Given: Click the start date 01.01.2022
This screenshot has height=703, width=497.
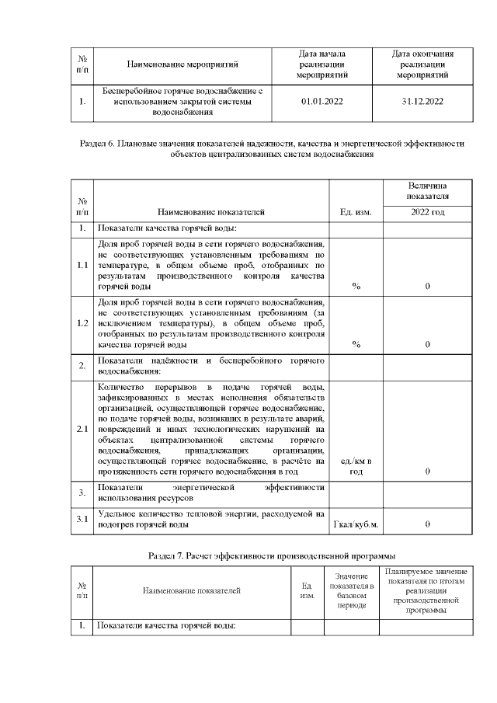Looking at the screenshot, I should (x=321, y=102).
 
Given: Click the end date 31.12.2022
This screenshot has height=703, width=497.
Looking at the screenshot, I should (x=423, y=102).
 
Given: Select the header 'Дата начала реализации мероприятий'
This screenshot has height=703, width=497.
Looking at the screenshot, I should (x=321, y=64).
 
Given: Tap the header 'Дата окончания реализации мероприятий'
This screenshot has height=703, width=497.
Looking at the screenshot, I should (x=423, y=64).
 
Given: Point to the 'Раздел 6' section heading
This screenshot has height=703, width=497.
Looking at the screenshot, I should (x=272, y=148).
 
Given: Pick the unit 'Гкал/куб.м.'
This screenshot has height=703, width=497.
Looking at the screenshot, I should (x=356, y=525).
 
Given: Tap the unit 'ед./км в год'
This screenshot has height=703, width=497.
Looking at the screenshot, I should (x=356, y=466).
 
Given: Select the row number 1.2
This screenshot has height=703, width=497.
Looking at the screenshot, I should (x=82, y=323).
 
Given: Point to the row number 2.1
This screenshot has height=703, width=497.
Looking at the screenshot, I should (x=82, y=429).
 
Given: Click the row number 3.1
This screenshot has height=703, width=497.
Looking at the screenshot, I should (x=82, y=518).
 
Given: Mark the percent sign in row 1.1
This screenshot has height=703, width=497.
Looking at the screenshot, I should (x=356, y=287).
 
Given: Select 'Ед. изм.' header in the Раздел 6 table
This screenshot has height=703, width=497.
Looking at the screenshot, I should (x=356, y=211).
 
